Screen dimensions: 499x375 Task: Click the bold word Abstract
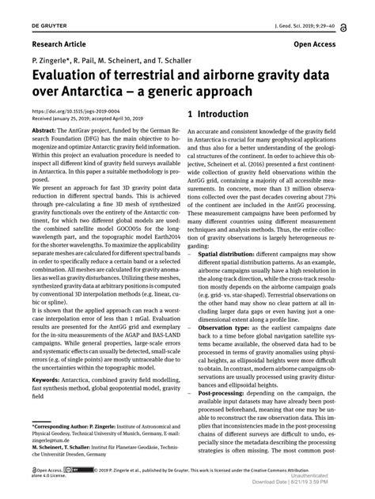pos(47,129)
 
